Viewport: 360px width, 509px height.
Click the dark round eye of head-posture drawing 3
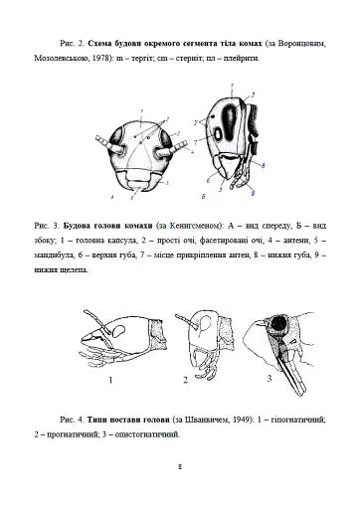pyautogui.click(x=278, y=325)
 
